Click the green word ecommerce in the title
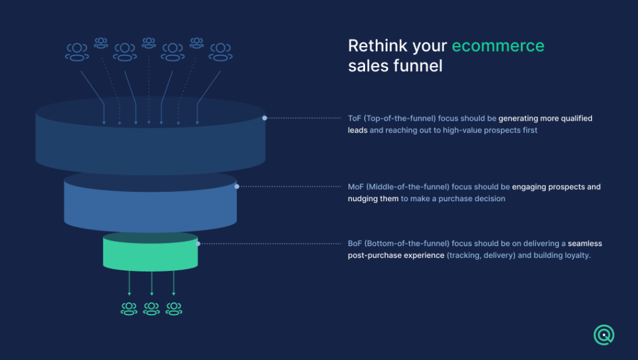click(x=498, y=46)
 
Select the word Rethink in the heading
click(x=377, y=45)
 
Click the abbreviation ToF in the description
click(x=355, y=118)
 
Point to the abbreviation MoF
click(x=356, y=187)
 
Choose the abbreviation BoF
click(x=355, y=244)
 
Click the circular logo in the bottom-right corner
click(x=604, y=335)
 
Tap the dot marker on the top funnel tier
click(x=264, y=118)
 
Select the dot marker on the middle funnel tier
click(x=237, y=187)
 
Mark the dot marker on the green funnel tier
click(x=198, y=244)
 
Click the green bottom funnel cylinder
click(x=150, y=252)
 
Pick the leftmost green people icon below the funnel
click(x=129, y=309)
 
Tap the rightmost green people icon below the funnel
click(x=174, y=309)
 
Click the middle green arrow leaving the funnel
click(x=152, y=283)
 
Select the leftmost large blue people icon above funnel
click(x=77, y=52)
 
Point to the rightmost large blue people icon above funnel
click(x=221, y=52)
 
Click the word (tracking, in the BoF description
click(x=464, y=255)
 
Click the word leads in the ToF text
click(x=358, y=130)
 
